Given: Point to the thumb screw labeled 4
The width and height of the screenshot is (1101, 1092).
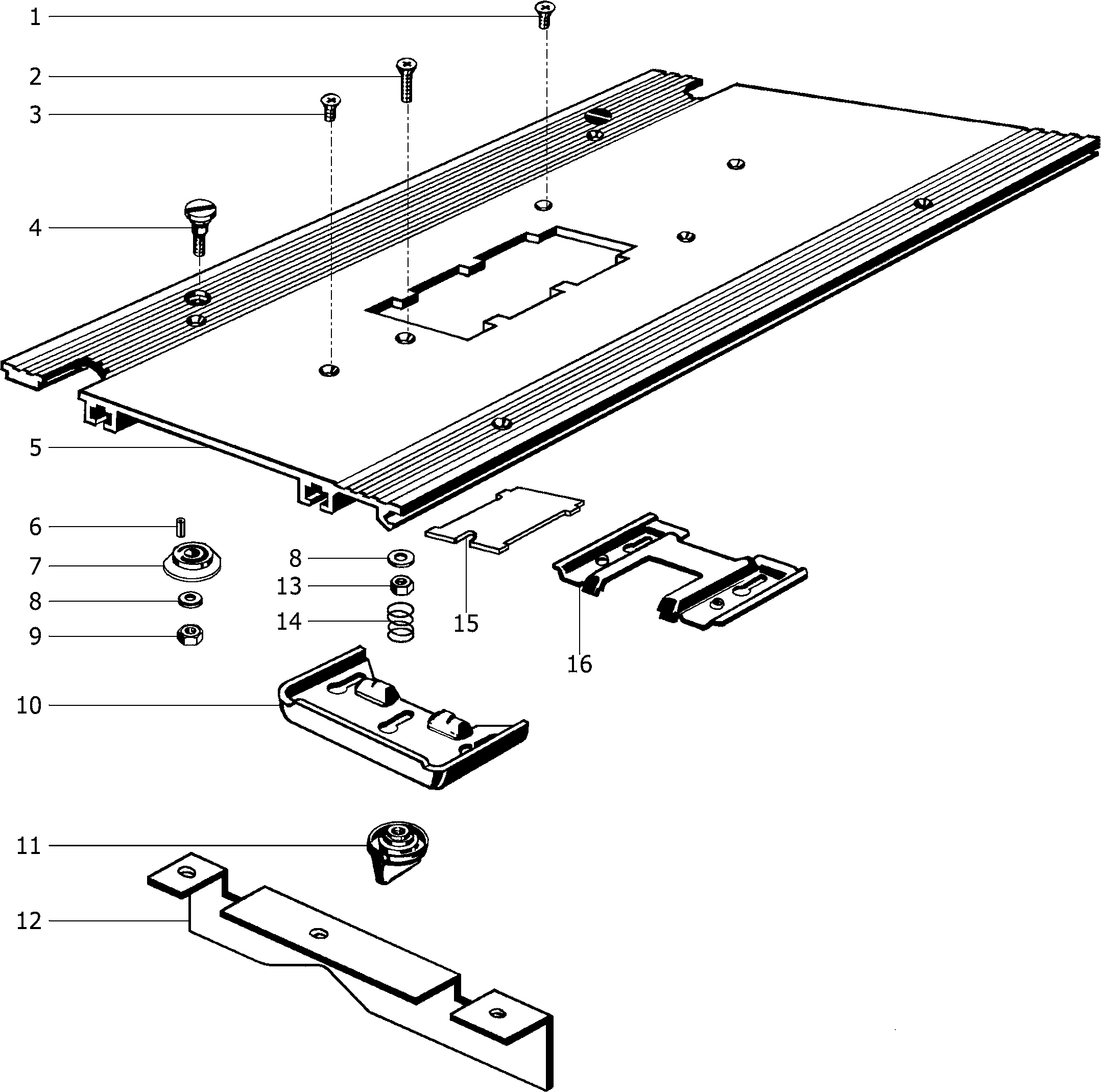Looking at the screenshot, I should click(x=197, y=225).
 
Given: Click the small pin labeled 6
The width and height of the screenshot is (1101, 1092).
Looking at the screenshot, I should click(x=181, y=526).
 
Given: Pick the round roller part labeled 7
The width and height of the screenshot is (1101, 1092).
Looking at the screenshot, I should click(x=192, y=561).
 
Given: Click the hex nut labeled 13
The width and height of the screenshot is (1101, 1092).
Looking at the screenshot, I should click(x=402, y=585).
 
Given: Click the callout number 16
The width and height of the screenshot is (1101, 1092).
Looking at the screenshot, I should click(x=579, y=664).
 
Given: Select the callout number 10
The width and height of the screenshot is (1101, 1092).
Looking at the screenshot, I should click(x=29, y=705).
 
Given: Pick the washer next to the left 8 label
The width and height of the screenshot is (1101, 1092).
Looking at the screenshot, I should click(x=190, y=600).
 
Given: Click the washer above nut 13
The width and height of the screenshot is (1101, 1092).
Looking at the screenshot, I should click(x=401, y=557).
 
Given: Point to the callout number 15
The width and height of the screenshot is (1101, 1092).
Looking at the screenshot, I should click(x=466, y=623).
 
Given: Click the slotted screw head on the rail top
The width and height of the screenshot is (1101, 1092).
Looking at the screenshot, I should click(x=598, y=114).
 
